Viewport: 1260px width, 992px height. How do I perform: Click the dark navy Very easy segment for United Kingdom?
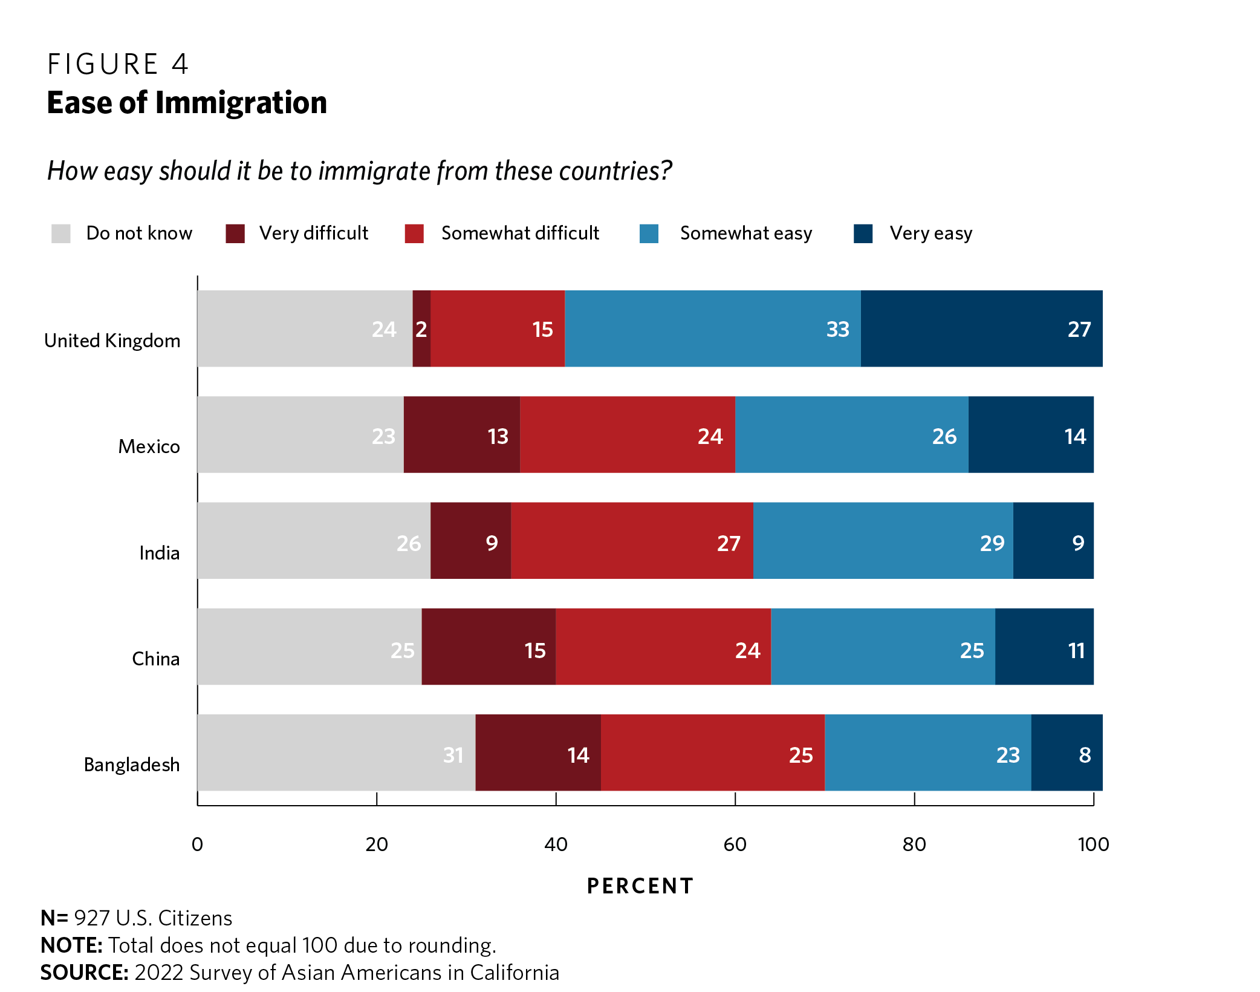click(x=981, y=328)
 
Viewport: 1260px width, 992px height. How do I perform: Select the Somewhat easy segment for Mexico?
click(x=851, y=434)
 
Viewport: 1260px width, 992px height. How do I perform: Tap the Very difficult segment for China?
click(x=489, y=647)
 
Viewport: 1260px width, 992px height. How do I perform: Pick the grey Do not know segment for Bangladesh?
click(x=336, y=752)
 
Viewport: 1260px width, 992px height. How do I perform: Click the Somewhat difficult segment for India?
click(x=632, y=541)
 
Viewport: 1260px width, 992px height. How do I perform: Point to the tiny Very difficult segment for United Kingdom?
click(x=421, y=328)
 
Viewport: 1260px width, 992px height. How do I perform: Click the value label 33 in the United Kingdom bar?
click(x=837, y=330)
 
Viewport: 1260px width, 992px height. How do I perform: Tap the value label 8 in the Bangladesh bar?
click(x=1085, y=755)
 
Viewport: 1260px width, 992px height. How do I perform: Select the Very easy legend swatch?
click(x=863, y=233)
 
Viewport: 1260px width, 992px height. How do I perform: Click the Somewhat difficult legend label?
click(x=520, y=233)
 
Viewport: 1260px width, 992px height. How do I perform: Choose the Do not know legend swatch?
click(x=61, y=233)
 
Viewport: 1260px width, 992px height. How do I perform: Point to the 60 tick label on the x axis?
click(x=735, y=844)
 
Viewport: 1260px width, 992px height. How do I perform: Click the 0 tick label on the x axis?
click(x=197, y=844)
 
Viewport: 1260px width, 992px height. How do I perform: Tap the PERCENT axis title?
click(x=640, y=886)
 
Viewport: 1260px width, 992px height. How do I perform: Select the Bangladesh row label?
click(x=132, y=765)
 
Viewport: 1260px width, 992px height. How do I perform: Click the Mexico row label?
click(x=149, y=446)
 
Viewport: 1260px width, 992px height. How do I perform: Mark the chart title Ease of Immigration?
click(x=187, y=103)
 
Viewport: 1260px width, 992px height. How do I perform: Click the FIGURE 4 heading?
click(x=118, y=64)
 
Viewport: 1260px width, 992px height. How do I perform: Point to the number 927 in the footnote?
click(x=92, y=918)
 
